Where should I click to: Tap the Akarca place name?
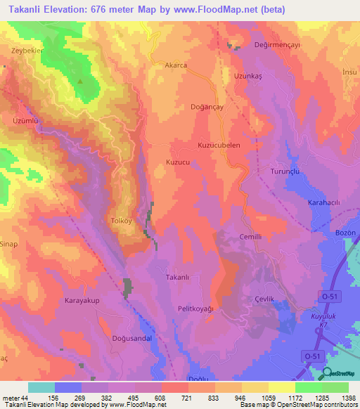[x=175, y=65]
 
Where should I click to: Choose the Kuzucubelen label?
[x=219, y=145]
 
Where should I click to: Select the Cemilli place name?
[x=250, y=237]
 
